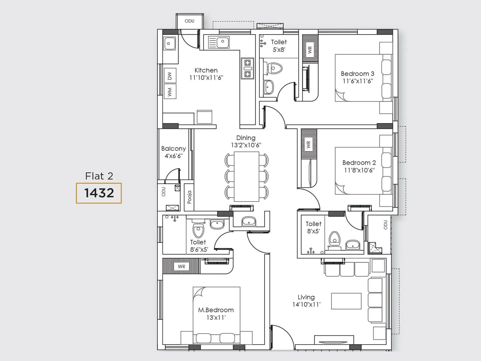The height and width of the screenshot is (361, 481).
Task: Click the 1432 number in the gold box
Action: click(99, 193)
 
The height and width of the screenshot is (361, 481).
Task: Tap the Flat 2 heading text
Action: click(99, 176)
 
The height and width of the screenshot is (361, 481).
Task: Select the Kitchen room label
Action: click(206, 70)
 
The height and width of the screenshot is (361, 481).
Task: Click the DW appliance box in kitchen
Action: click(170, 76)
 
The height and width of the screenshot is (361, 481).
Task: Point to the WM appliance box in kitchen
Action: click(170, 91)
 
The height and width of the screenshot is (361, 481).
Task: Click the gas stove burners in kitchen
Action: click(247, 68)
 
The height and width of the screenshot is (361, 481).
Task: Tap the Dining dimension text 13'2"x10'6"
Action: click(246, 145)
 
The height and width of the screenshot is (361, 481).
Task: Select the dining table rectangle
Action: click(247, 177)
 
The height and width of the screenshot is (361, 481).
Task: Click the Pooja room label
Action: click(189, 197)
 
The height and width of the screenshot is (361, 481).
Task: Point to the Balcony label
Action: click(173, 148)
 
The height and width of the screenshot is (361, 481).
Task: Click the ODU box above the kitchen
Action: click(189, 21)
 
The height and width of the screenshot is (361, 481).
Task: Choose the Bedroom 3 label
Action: click(357, 74)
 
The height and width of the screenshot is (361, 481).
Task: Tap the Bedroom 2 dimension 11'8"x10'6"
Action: click(359, 170)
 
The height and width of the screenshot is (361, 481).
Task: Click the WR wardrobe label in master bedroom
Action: click(182, 266)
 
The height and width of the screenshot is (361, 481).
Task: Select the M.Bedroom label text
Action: click(216, 310)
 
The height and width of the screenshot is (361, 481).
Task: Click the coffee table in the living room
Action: click(346, 301)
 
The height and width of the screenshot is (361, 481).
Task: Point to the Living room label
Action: click(306, 297)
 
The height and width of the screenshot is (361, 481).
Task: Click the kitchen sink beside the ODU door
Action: click(170, 43)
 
